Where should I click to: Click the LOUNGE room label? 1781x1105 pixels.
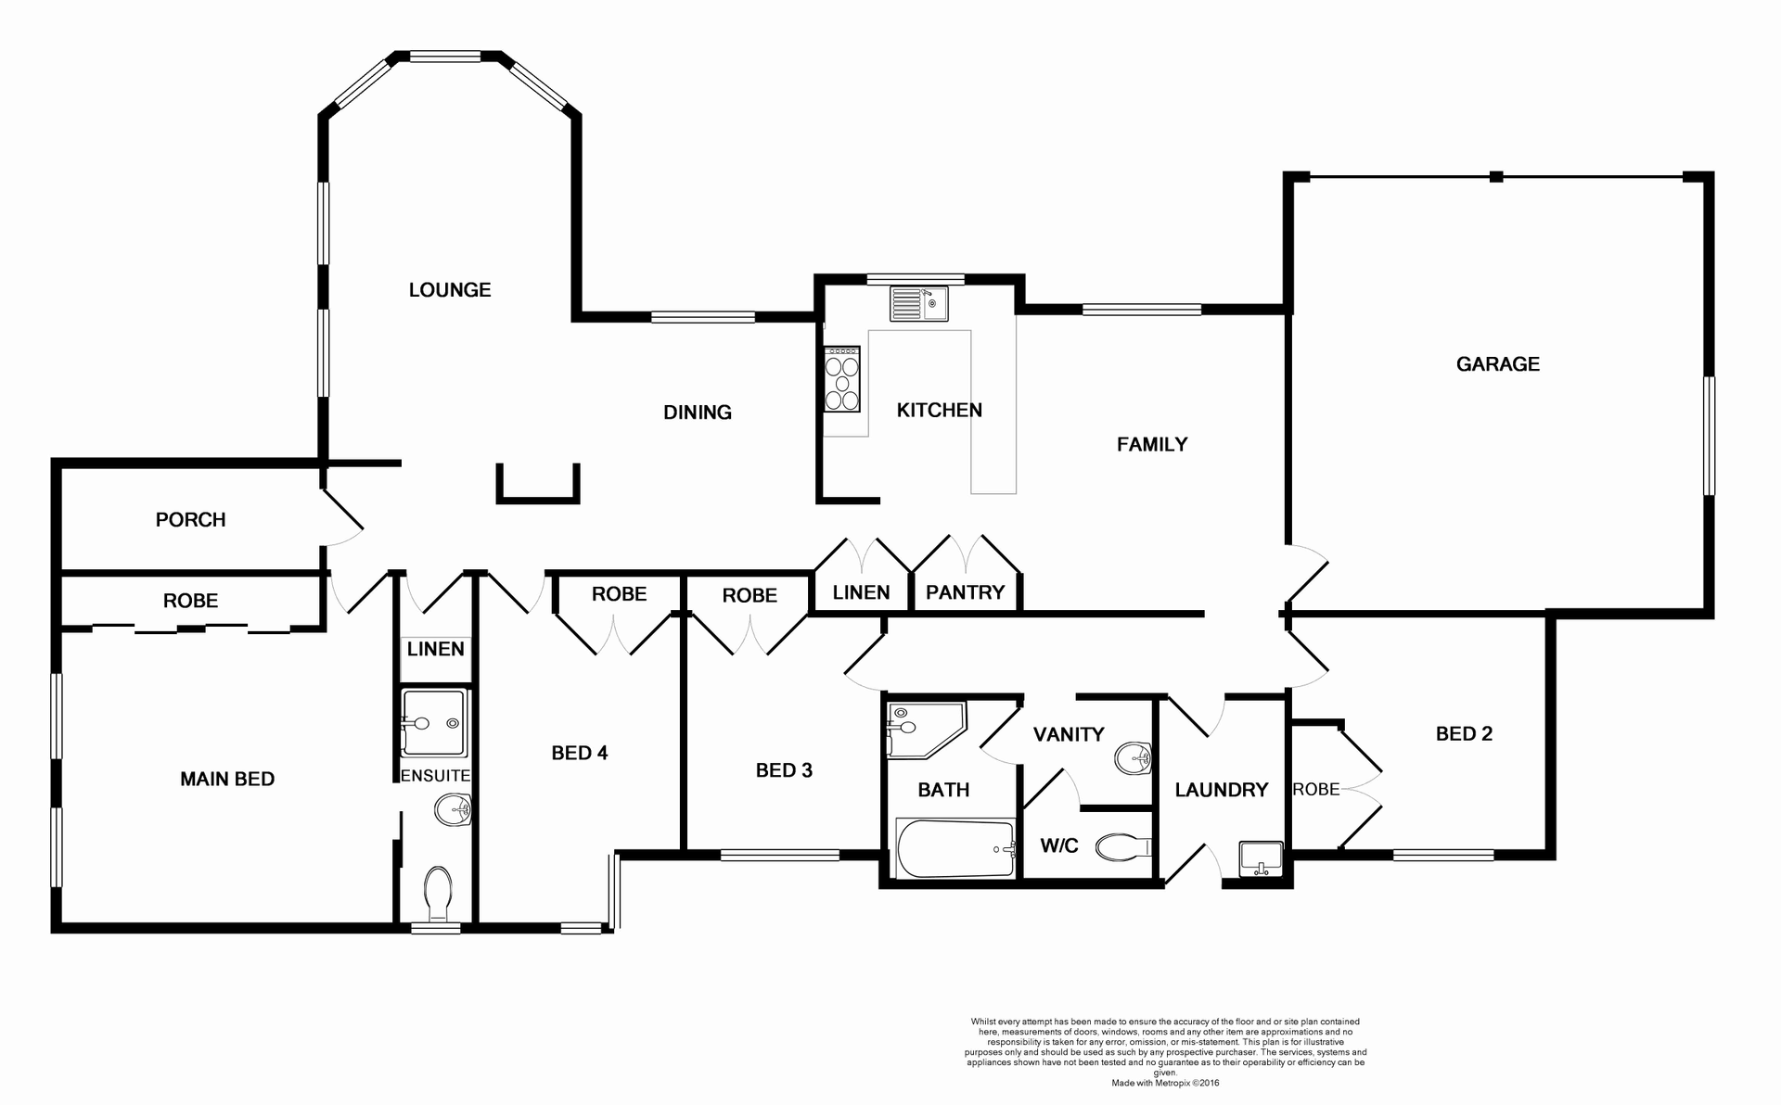pyautogui.click(x=450, y=290)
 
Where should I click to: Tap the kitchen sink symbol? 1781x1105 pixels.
pyautogui.click(x=919, y=303)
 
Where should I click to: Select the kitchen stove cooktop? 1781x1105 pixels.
pyautogui.click(x=842, y=379)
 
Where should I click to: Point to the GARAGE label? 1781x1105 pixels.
pyautogui.click(x=1497, y=364)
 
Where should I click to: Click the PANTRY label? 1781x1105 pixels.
pyautogui.click(x=965, y=592)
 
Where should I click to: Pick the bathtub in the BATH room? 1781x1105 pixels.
pyautogui.click(x=955, y=848)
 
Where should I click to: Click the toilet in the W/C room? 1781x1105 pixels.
pyautogui.click(x=1122, y=846)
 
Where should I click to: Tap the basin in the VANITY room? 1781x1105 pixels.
pyautogui.click(x=1132, y=757)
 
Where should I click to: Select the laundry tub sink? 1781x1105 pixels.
pyautogui.click(x=1261, y=857)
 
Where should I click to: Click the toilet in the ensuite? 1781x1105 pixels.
pyautogui.click(x=437, y=892)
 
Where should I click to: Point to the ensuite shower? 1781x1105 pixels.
pyautogui.click(x=433, y=722)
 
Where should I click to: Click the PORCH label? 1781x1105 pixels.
pyautogui.click(x=190, y=520)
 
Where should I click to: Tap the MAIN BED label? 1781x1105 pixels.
pyautogui.click(x=227, y=780)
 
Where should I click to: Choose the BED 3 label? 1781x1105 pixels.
pyautogui.click(x=784, y=770)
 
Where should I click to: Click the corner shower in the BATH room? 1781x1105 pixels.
pyautogui.click(x=923, y=729)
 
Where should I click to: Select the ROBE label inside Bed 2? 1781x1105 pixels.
pyautogui.click(x=1316, y=789)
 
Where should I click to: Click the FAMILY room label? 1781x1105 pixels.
pyautogui.click(x=1152, y=445)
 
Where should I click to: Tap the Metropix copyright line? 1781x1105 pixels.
pyautogui.click(x=1165, y=1082)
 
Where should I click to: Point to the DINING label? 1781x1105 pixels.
pyautogui.click(x=698, y=413)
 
